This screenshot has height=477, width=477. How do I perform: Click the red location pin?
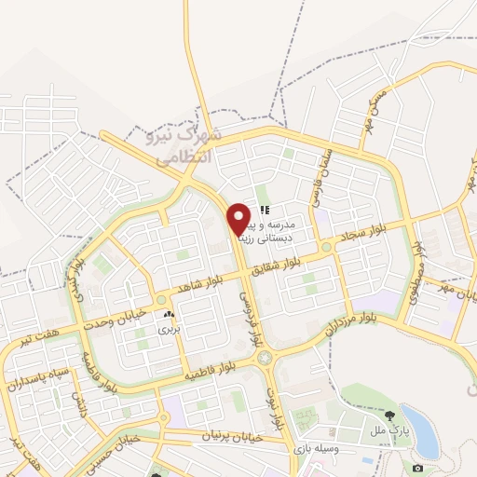click(x=239, y=218)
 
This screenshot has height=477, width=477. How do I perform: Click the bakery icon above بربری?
click(x=169, y=317)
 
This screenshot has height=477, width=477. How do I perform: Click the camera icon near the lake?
click(x=417, y=467)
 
